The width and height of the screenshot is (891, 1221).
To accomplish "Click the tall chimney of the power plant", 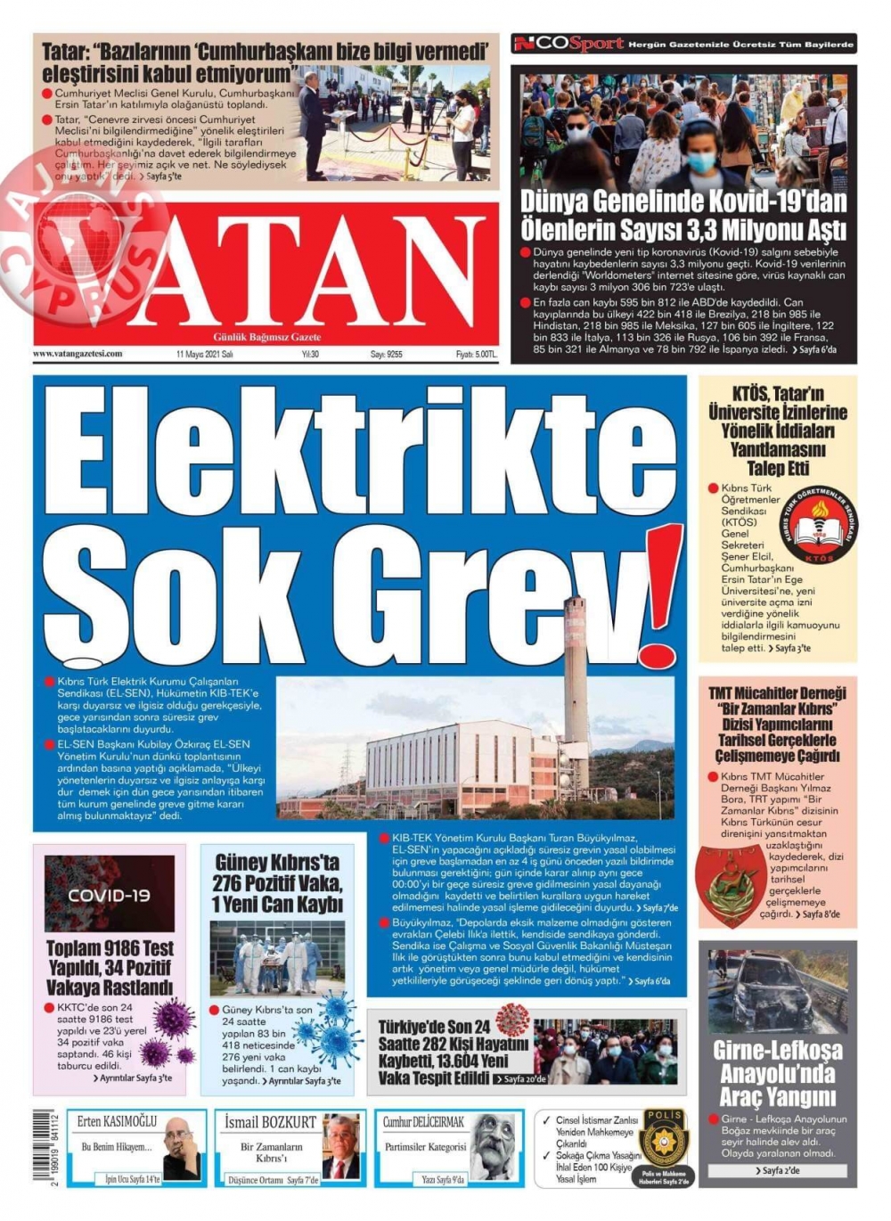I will [x=576, y=677].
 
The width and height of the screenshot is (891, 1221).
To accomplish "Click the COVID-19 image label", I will [x=110, y=895].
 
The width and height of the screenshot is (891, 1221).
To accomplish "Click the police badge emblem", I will [x=663, y=1140].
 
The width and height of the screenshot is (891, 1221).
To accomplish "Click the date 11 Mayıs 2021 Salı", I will [x=205, y=354].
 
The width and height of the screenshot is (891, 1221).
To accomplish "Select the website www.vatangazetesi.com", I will [x=78, y=354].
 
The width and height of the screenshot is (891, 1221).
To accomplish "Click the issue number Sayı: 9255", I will [x=387, y=354].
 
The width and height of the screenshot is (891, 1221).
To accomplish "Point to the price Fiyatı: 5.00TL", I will [x=476, y=354].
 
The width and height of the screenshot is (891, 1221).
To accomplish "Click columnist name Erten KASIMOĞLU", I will [x=117, y=1121].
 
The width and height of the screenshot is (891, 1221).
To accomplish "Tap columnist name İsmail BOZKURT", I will [x=271, y=1121].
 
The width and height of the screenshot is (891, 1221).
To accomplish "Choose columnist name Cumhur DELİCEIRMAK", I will [x=424, y=1121].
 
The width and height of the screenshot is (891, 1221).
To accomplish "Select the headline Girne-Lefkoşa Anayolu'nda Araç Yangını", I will [x=778, y=1073].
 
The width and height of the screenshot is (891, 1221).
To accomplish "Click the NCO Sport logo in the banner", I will [x=568, y=44].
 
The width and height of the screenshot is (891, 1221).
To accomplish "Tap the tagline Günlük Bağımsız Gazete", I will [x=267, y=337].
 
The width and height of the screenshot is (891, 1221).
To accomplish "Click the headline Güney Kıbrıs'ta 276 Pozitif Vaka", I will [x=277, y=882].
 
